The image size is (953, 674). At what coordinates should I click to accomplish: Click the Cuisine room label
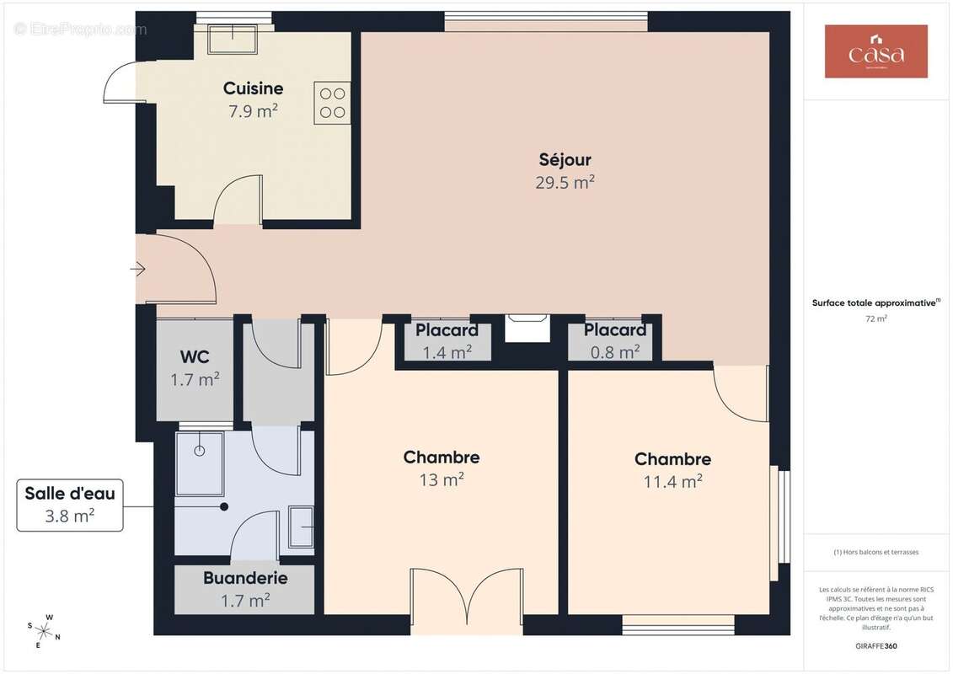(x=253, y=88)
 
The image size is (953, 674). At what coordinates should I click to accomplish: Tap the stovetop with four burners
(x=332, y=103)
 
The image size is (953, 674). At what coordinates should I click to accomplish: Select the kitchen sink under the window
(x=232, y=39)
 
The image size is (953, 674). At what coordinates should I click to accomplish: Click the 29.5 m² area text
(x=565, y=182)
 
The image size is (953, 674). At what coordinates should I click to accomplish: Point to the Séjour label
(x=565, y=159)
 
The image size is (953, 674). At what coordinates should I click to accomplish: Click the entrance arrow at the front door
(x=138, y=270)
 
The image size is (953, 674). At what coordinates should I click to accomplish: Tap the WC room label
(x=195, y=356)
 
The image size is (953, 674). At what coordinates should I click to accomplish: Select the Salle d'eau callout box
(x=70, y=505)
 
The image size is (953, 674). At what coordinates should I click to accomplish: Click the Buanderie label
(x=244, y=579)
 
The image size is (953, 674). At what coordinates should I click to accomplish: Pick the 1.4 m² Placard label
(x=447, y=330)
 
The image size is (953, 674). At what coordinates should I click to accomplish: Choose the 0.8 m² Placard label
(x=615, y=330)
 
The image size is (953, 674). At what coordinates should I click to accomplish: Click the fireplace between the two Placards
(x=527, y=329)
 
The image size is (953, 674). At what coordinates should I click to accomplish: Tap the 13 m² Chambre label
(x=442, y=457)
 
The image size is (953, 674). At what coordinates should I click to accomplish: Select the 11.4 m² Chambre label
(x=672, y=459)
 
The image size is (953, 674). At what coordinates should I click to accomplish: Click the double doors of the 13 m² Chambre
(x=466, y=600)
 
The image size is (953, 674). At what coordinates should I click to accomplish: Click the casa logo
(x=875, y=51)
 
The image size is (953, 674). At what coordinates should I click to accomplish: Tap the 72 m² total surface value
(x=876, y=319)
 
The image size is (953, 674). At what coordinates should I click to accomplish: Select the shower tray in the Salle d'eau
(x=200, y=463)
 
